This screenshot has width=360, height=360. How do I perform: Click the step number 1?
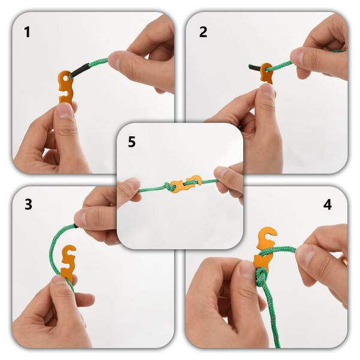pyautogui.click(x=26, y=32)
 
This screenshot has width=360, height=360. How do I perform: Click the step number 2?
pyautogui.click(x=203, y=32)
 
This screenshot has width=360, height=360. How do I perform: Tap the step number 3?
pyautogui.click(x=28, y=204)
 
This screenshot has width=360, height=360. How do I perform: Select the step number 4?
pyautogui.click(x=327, y=205)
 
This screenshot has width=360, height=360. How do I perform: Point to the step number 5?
pyautogui.click(x=132, y=142)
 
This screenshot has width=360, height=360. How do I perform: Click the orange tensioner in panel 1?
pyautogui.click(x=65, y=87)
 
